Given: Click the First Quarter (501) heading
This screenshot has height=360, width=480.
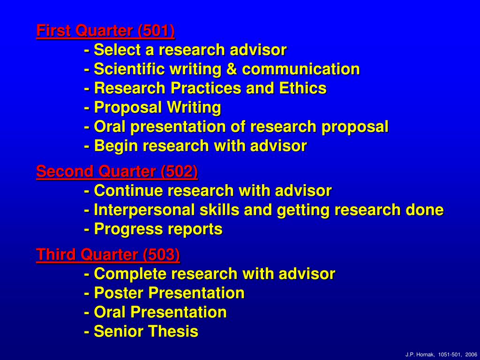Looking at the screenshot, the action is [105, 31].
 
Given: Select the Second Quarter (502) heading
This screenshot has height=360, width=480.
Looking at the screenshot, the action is [117, 172].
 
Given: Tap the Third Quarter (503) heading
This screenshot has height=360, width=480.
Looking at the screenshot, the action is [108, 255].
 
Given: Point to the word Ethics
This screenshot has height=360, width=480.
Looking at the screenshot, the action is [303, 88].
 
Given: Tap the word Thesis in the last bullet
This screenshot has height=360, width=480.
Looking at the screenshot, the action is [174, 331].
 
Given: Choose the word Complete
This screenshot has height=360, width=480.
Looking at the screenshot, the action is [130, 274].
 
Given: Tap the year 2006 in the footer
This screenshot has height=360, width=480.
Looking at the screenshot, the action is [471, 354].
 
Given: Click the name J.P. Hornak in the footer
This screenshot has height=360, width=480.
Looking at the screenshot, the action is [420, 354].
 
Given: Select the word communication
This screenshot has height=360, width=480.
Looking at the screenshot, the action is [301, 69].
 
